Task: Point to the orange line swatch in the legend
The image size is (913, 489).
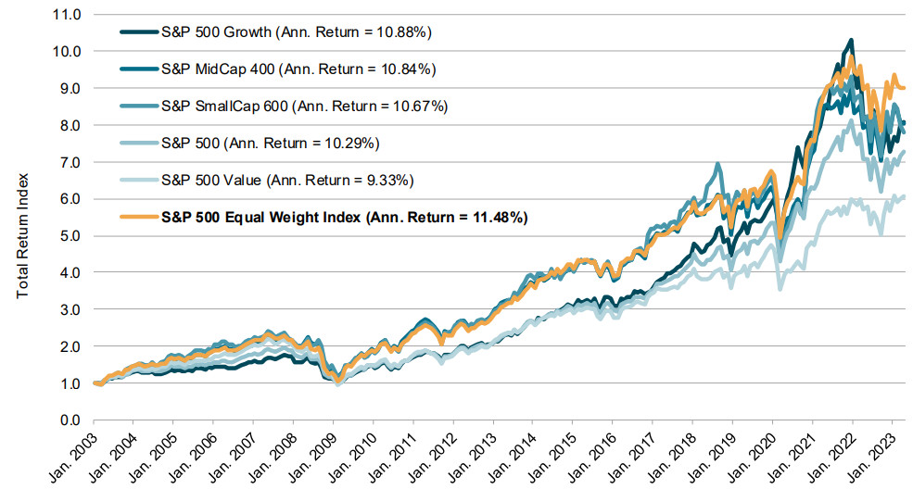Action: (x=140, y=218)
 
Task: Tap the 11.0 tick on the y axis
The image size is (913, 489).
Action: (x=68, y=15)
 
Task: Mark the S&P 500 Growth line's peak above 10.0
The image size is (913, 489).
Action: (x=851, y=40)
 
